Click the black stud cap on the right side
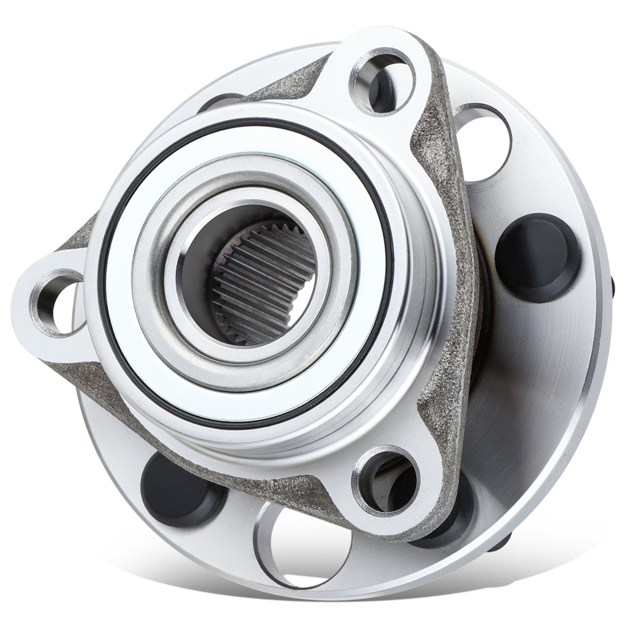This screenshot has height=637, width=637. [536, 258]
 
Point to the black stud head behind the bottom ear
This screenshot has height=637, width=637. [441, 529]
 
